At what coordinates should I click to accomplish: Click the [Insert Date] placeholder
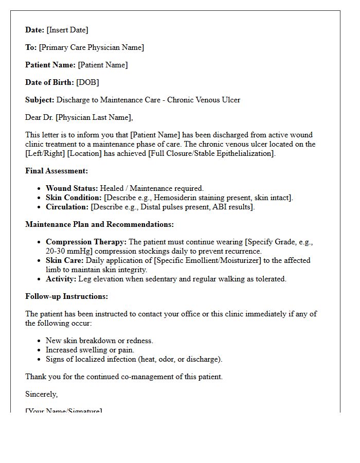coord(67,30)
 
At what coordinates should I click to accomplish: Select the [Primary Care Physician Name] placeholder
coord(92,47)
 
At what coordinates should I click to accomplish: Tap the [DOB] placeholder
coord(87,82)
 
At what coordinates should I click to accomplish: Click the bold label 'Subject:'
coord(40,100)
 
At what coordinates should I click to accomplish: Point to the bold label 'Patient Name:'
coord(50,65)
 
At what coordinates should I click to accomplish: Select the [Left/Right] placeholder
coord(45,153)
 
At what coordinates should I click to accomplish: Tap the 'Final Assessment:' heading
coord(57,171)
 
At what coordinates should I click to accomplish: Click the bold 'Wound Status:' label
coord(71,188)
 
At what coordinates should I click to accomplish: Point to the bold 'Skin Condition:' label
coord(74,198)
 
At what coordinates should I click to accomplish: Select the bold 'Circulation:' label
coord(67,207)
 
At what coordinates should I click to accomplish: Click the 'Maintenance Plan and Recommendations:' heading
coord(99,224)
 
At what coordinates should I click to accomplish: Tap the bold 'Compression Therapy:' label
coord(86,242)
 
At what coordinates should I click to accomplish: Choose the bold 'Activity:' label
coord(61,279)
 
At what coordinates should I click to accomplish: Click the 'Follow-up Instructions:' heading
coord(66,296)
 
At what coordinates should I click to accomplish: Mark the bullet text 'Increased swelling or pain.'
coord(90,350)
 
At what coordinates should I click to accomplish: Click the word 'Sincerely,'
coord(42,394)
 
